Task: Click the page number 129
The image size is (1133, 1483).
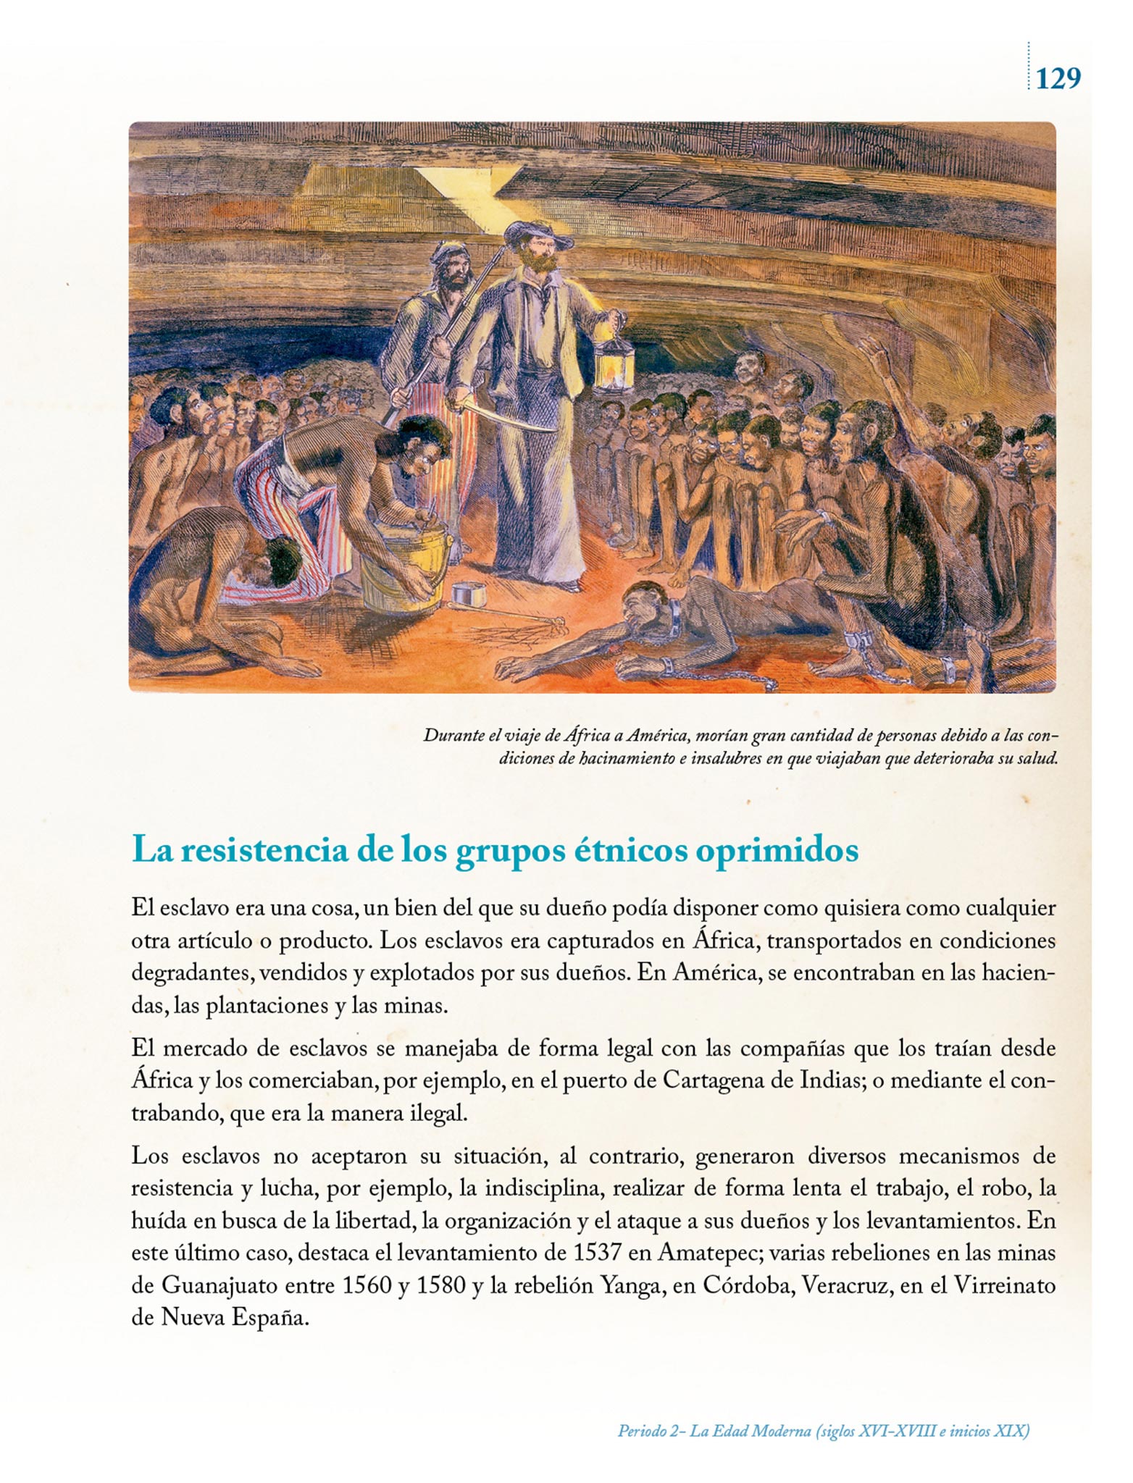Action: pyautogui.click(x=1058, y=77)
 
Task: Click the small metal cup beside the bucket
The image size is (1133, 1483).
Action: pyautogui.click(x=468, y=596)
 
